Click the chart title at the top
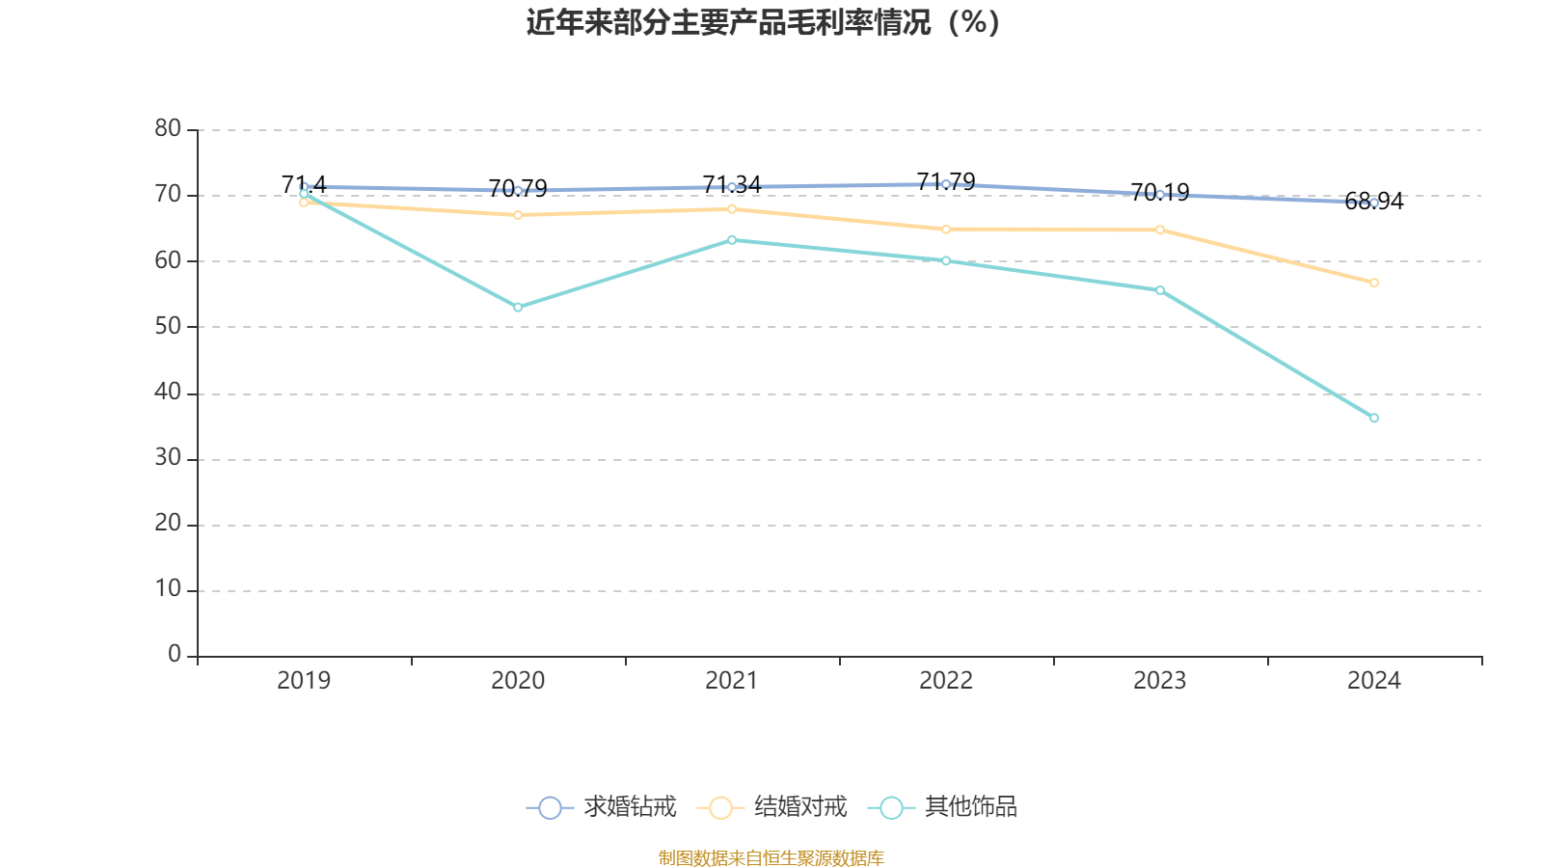click(x=763, y=22)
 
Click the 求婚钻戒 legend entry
click(x=602, y=807)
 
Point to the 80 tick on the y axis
click(x=168, y=128)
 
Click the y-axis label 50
click(x=168, y=326)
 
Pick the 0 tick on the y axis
click(x=175, y=655)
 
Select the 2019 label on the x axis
click(x=304, y=681)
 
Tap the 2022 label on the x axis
click(x=946, y=681)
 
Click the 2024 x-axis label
click(x=1373, y=681)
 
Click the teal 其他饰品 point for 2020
click(x=518, y=307)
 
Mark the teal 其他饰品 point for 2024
click(x=1374, y=418)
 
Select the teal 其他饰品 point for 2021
click(x=732, y=239)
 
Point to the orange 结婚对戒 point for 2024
click(x=1374, y=283)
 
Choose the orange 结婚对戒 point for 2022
click(x=946, y=229)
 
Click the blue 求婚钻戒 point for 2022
click(x=946, y=183)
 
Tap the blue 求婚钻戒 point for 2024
click(x=1374, y=203)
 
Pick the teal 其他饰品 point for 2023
click(x=1160, y=290)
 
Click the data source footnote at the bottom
click(x=771, y=857)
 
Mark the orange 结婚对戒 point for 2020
click(x=518, y=215)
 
